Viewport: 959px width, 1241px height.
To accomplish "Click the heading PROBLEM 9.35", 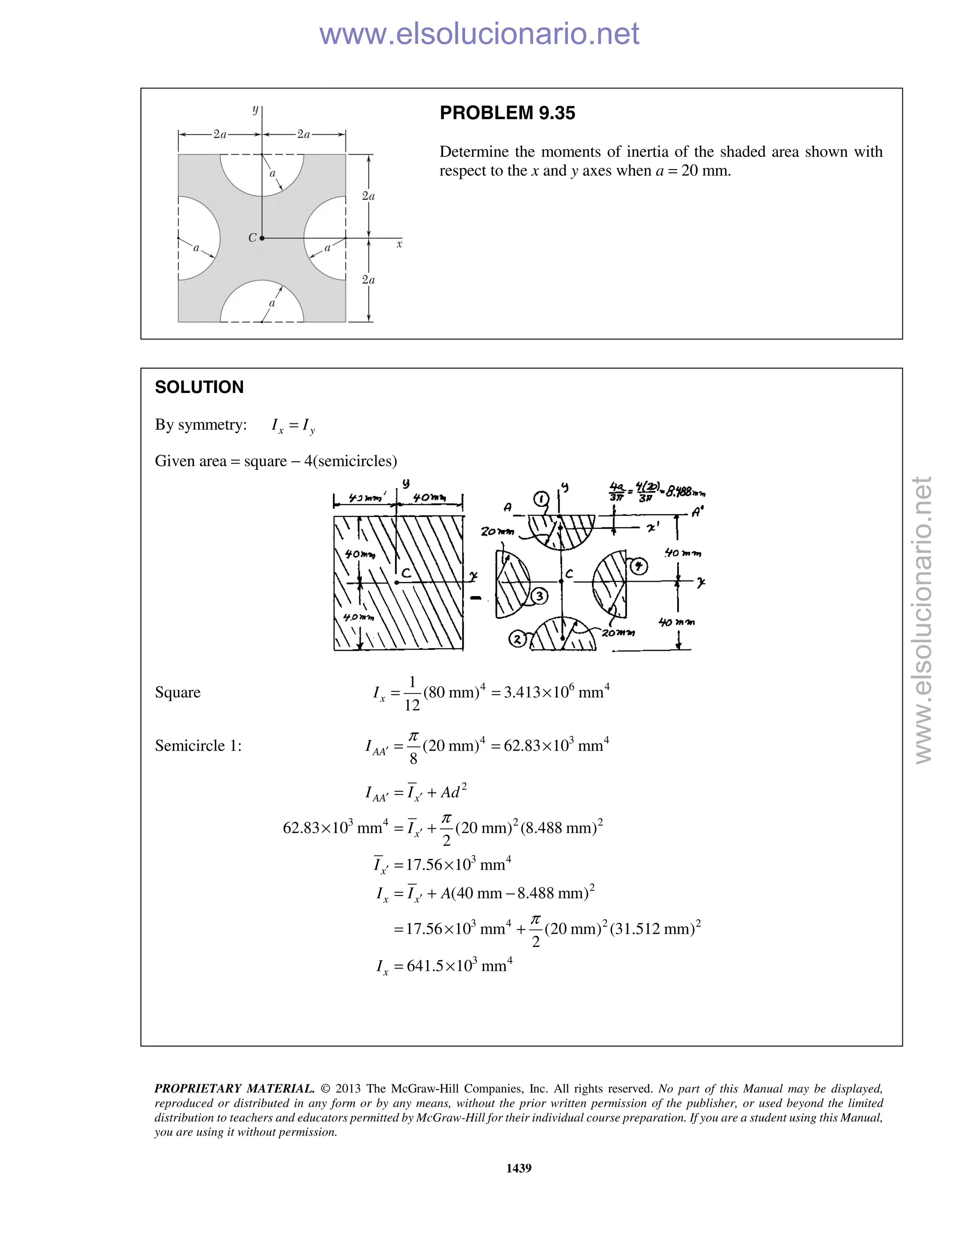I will [x=507, y=113].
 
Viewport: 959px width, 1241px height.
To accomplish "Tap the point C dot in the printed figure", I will [x=262, y=238].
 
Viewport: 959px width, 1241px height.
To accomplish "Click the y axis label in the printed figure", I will [x=256, y=110].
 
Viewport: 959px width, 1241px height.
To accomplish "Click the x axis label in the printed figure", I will [x=399, y=244].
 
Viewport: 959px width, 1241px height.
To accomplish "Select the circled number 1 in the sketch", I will [x=541, y=499].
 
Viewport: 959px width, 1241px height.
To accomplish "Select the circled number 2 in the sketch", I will [x=517, y=639].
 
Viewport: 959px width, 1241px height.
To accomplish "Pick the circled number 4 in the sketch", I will [x=639, y=566].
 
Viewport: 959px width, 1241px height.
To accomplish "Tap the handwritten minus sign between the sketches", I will [x=476, y=598].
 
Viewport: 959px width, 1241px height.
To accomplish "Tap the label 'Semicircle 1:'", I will [x=198, y=746].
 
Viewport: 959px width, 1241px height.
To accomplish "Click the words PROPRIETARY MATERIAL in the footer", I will [x=234, y=1088].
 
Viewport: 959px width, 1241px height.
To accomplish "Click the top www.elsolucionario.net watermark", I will [x=479, y=34].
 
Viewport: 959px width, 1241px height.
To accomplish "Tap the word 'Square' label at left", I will [x=177, y=692].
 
